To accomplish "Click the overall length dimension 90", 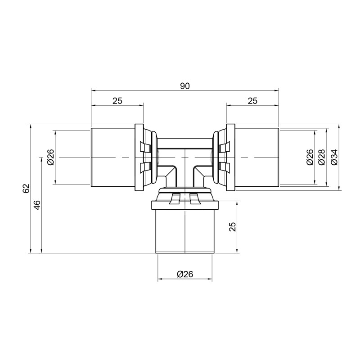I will (x=184, y=86).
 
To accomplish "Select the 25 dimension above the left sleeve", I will (x=117, y=101).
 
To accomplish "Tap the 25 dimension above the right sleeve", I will (x=252, y=101).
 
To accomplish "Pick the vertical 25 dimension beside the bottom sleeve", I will (x=233, y=226).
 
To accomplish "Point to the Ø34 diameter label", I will (x=333, y=157).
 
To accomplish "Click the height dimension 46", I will (x=37, y=205).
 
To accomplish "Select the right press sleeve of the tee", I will (x=256, y=157).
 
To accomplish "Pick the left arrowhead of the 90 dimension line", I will (x=93, y=90).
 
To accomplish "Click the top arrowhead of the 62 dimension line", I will (x=30, y=126).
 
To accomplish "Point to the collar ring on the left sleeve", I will (x=139, y=157).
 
